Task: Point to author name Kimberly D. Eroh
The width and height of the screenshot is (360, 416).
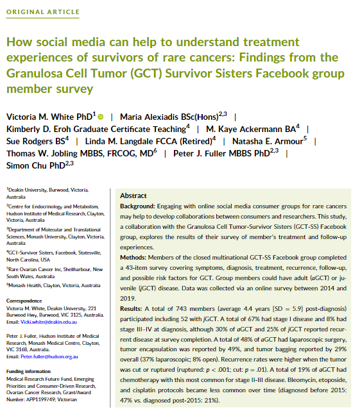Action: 42,129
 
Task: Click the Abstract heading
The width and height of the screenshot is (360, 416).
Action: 133,196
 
